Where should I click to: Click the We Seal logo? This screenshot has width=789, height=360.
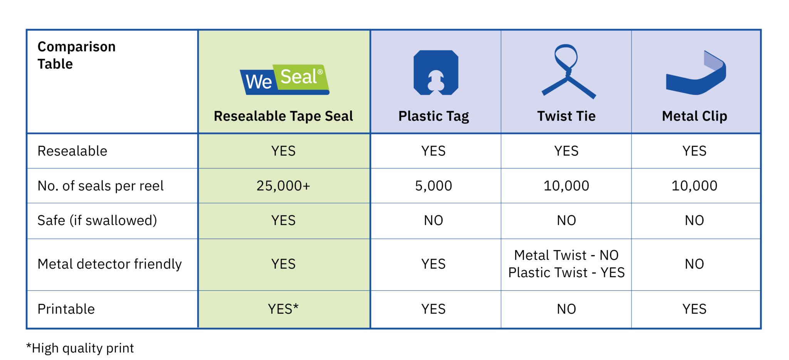(284, 79)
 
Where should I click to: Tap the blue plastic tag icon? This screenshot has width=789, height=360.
(436, 72)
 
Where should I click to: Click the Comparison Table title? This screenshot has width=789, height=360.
(76, 55)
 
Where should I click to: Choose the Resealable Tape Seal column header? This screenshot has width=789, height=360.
(284, 116)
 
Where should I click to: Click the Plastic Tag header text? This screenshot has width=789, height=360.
(433, 116)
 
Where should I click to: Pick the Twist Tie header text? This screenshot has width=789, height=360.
(566, 116)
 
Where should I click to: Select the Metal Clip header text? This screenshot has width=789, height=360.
(694, 116)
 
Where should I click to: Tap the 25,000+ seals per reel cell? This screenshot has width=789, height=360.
(284, 186)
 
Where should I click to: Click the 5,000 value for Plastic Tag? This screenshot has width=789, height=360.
(433, 186)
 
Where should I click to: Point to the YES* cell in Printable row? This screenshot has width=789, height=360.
(284, 309)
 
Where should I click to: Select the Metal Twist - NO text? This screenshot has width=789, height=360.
(566, 255)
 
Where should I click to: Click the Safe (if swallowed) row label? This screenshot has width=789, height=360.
(97, 220)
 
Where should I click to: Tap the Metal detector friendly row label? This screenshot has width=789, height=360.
(109, 264)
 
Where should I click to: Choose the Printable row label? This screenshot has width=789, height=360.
(66, 309)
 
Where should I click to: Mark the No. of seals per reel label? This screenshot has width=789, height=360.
(101, 186)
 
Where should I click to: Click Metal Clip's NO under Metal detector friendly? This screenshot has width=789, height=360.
(694, 264)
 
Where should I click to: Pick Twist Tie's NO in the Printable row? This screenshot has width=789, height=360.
(566, 309)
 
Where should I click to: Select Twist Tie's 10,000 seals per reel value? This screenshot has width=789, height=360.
(566, 186)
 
